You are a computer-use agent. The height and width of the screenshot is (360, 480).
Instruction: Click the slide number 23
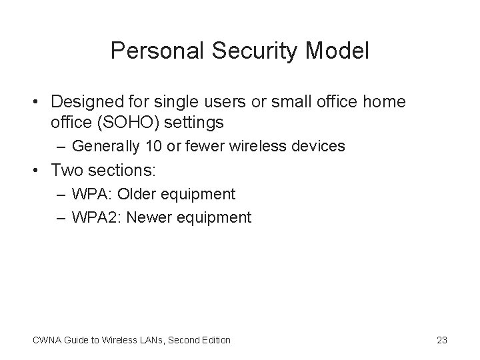[x=441, y=340]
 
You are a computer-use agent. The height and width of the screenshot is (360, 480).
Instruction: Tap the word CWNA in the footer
[x=45, y=340]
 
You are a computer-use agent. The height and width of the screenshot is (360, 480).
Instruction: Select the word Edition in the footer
[x=215, y=340]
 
